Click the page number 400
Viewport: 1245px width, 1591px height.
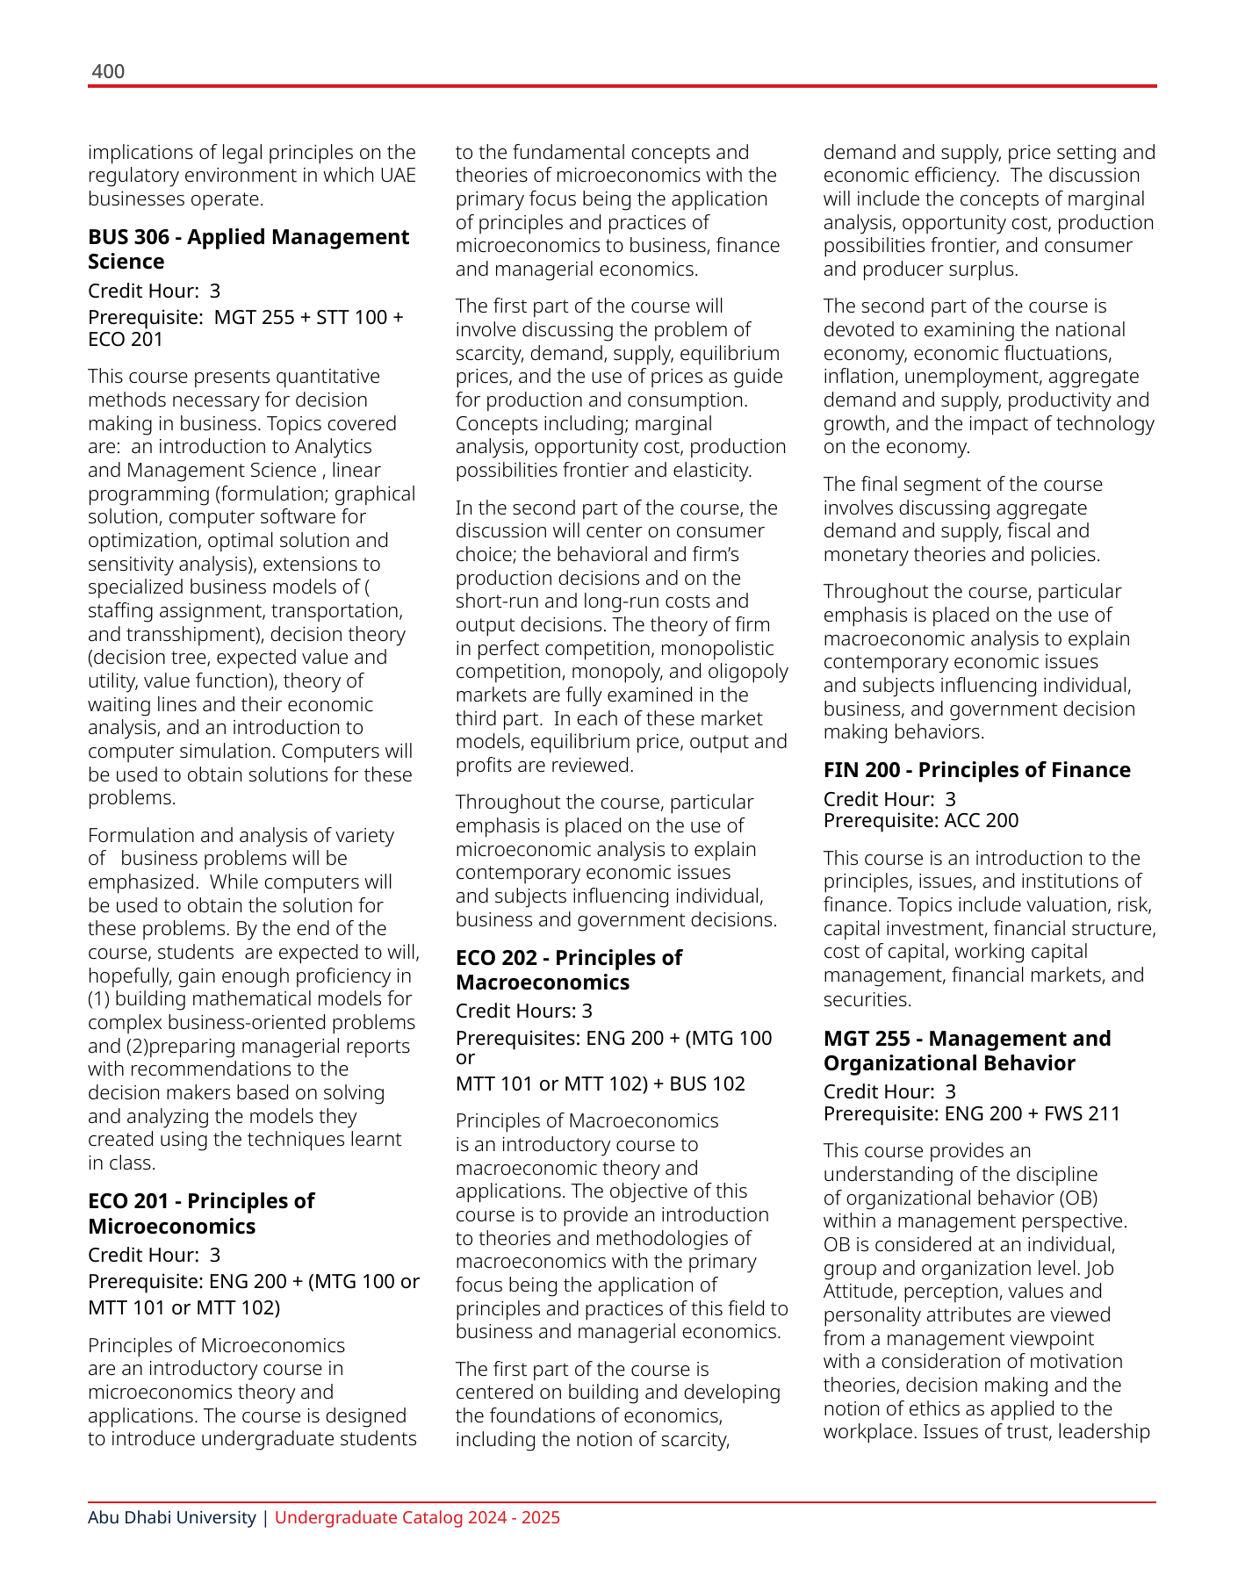click(x=108, y=71)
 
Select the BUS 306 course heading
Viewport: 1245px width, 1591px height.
click(x=248, y=249)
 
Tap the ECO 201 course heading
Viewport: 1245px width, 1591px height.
click(x=201, y=1213)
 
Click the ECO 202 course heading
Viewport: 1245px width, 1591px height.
click(x=568, y=970)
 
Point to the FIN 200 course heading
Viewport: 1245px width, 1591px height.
click(x=976, y=770)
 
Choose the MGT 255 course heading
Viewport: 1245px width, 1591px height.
click(x=967, y=1051)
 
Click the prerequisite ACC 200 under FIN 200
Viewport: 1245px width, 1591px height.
click(x=982, y=821)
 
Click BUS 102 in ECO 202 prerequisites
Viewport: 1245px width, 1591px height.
click(x=707, y=1084)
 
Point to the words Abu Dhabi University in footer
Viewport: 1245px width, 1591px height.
click(x=172, y=1518)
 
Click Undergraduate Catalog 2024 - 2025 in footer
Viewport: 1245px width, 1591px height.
click(x=417, y=1518)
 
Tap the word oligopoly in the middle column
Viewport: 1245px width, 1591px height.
click(x=742, y=672)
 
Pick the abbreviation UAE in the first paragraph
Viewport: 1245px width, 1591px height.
click(x=398, y=176)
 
